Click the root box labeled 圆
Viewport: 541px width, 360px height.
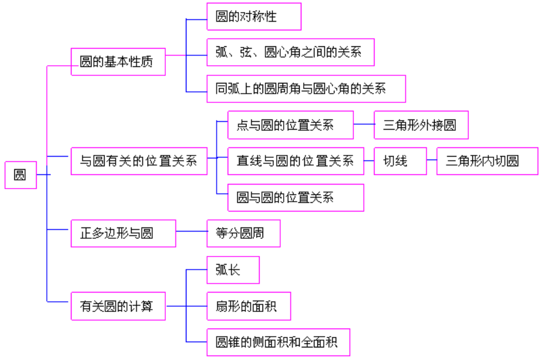tap(21, 175)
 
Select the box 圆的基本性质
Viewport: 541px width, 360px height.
tap(118, 62)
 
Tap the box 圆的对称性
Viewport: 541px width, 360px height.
tap(253, 17)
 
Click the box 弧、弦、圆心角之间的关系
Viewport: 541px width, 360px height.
tap(291, 53)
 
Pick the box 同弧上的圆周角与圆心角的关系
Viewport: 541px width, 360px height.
tap(306, 89)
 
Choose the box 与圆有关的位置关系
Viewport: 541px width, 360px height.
tap(139, 161)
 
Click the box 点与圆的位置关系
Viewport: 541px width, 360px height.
tap(291, 125)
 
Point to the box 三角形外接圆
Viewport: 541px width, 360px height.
tap(421, 125)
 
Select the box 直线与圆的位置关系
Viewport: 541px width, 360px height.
tap(296, 161)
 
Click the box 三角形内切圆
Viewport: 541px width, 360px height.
tap(487, 161)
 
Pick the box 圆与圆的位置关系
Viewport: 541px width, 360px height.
tap(296, 198)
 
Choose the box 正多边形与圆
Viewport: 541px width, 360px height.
tap(123, 233)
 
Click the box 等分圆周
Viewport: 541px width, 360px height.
tap(243, 233)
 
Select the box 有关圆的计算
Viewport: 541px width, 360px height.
tap(118, 306)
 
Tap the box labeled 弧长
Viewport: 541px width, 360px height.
tap(233, 270)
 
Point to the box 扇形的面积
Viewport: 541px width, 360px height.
tap(249, 306)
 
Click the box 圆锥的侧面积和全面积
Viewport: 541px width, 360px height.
tap(278, 342)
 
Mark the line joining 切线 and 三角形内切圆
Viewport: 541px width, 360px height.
tap(432, 161)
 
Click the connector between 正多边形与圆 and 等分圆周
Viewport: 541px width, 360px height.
tap(191, 231)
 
